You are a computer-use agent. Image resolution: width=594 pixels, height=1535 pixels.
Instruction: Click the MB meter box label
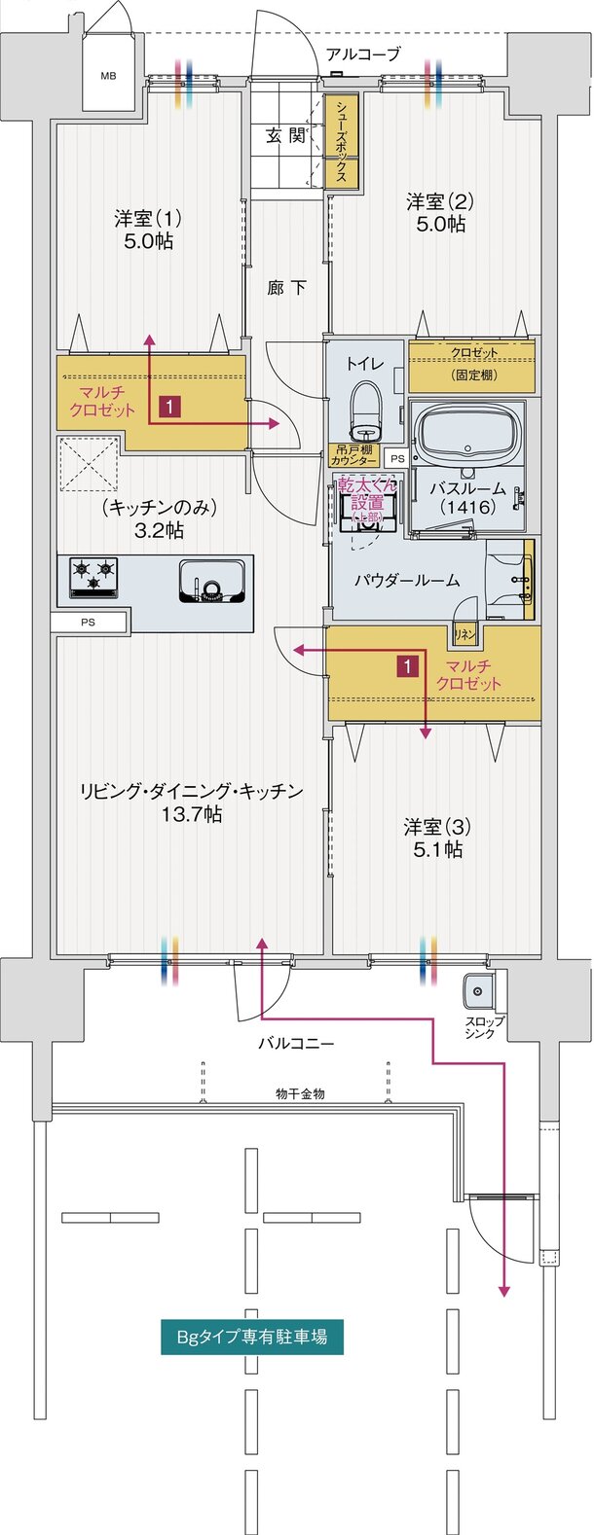pos(106,73)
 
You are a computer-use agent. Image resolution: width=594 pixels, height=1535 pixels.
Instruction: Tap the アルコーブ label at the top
pos(362,54)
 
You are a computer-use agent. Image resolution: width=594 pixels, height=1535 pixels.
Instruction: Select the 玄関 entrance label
pos(286,136)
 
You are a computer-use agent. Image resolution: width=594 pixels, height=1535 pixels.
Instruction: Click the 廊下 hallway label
pos(287,288)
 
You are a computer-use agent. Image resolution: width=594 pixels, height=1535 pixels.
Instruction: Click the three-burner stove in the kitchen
pos(93,577)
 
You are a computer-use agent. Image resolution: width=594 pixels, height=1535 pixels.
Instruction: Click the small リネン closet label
pos(463,634)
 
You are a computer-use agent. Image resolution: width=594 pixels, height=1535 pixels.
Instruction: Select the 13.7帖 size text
pos(192,814)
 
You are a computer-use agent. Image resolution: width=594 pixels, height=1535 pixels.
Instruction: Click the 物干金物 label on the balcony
pos(299,1093)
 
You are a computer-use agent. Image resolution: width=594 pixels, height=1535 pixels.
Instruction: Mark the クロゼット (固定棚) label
pos(472,363)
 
